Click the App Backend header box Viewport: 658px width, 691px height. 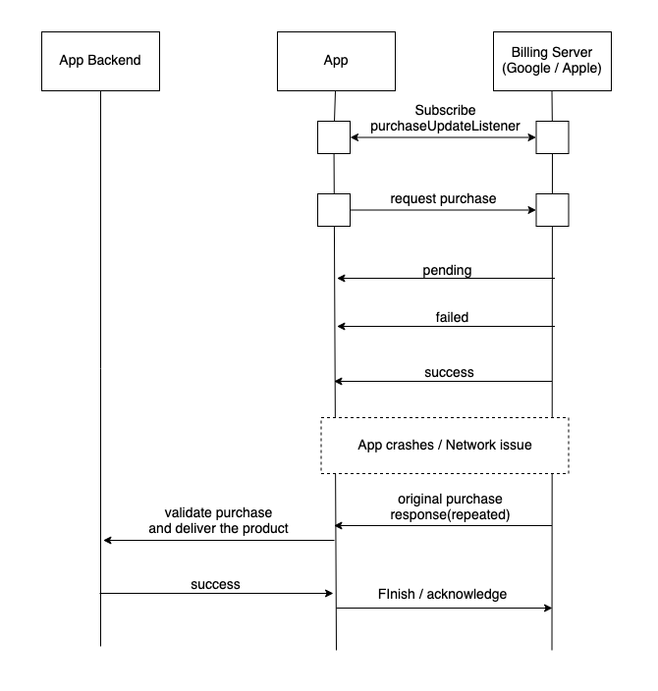(x=100, y=61)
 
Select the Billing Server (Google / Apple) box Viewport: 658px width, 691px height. (x=551, y=61)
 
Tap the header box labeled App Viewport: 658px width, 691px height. (x=335, y=61)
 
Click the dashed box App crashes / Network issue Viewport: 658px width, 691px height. (x=445, y=446)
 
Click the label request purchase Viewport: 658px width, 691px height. (x=443, y=198)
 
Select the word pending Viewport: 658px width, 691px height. (x=448, y=269)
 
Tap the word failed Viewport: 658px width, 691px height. (x=451, y=317)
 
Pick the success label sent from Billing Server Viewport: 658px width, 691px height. (x=450, y=372)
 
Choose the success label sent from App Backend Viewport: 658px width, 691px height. (x=215, y=584)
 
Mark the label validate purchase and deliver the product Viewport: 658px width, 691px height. (x=218, y=521)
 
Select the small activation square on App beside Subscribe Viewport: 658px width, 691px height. (x=334, y=138)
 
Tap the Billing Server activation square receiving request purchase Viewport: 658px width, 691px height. (x=552, y=209)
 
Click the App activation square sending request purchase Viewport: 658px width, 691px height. (x=334, y=209)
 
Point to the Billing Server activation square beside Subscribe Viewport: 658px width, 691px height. (x=552, y=138)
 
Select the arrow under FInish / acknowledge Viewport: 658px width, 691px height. (x=443, y=609)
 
